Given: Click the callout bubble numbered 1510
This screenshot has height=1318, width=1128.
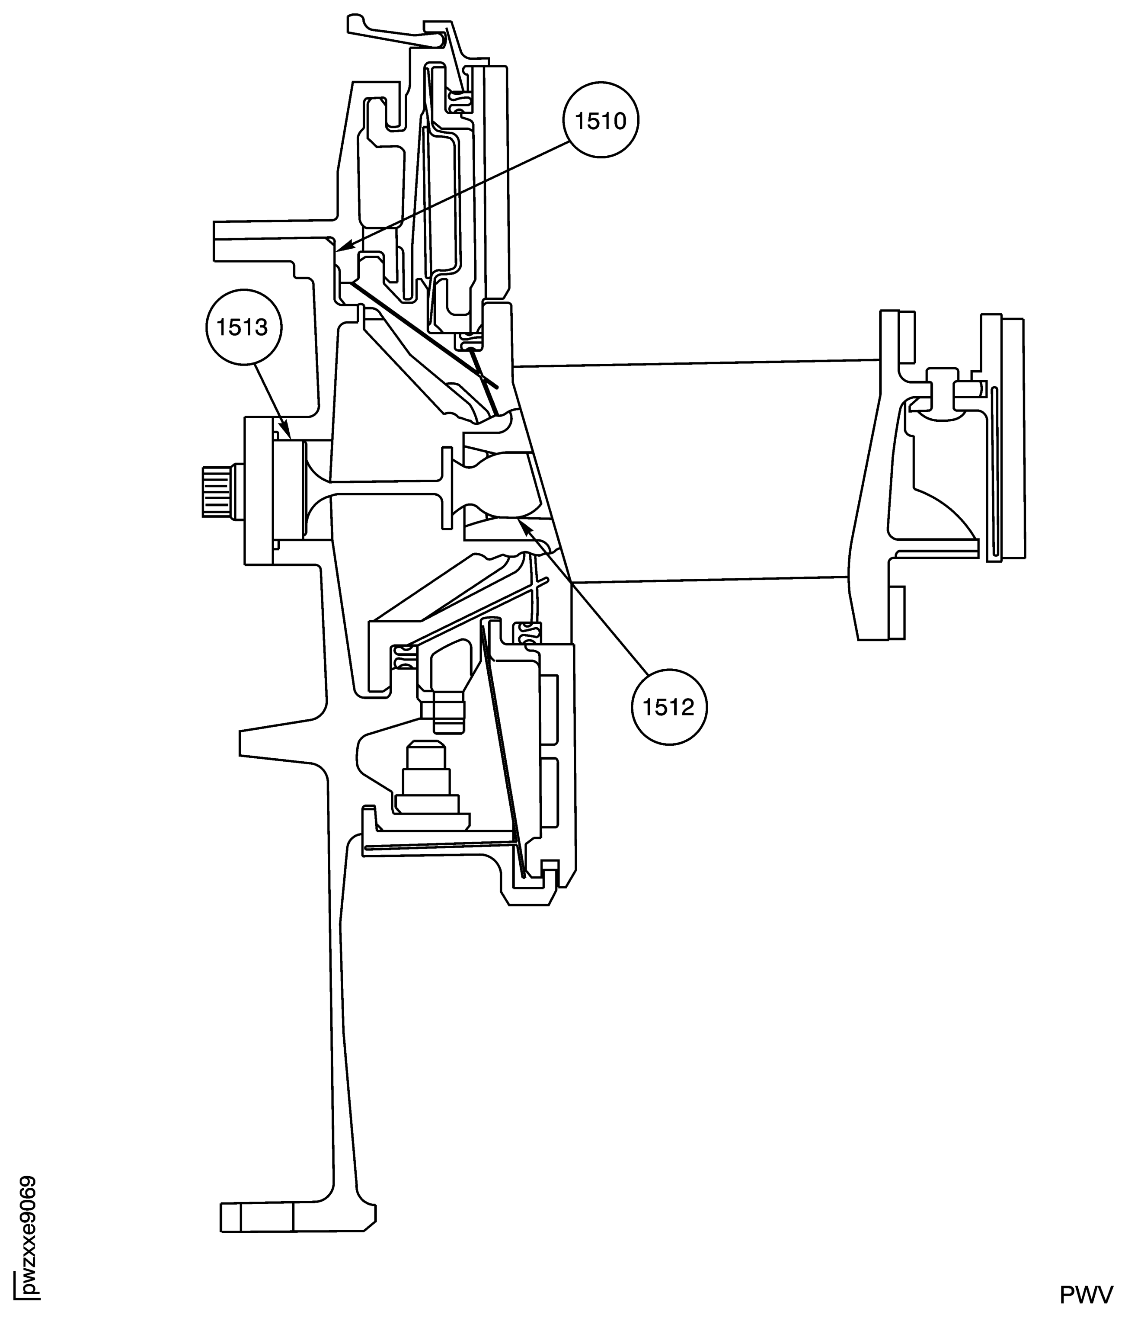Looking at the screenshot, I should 600,120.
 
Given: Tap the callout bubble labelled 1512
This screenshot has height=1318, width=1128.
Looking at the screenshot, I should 668,707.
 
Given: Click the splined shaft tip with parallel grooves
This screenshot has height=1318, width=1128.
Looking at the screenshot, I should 215,491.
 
